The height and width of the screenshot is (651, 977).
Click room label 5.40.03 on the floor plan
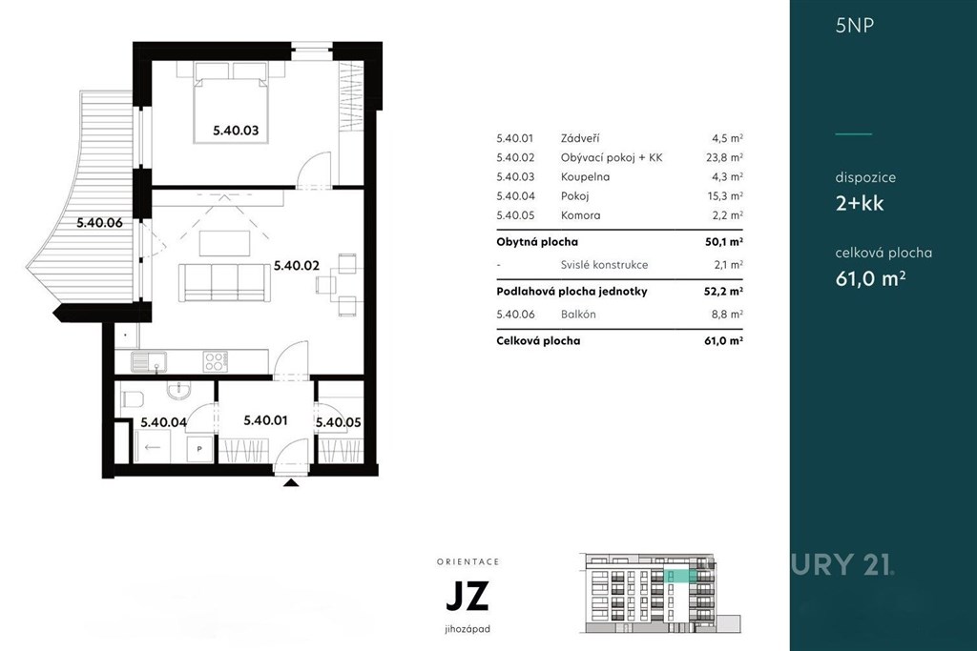236,131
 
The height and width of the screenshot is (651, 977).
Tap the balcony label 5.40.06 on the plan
99,223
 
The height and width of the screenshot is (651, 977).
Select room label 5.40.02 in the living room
297,266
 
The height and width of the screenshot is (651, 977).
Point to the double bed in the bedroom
232,102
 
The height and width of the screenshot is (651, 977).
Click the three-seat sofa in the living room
224,282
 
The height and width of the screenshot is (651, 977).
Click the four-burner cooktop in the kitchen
216,361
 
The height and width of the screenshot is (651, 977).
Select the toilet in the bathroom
132,397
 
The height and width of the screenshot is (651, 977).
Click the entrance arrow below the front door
291,481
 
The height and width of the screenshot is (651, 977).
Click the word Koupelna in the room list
585,176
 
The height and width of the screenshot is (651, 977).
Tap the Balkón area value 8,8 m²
727,315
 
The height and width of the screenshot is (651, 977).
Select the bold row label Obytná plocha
537,241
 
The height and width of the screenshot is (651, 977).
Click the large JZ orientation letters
467,596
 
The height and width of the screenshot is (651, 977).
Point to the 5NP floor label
855,26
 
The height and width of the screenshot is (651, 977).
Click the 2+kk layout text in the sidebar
860,204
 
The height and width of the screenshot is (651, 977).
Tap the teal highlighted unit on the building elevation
679,576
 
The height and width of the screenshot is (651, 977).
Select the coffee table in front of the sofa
225,243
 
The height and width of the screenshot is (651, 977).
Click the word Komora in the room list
580,215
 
